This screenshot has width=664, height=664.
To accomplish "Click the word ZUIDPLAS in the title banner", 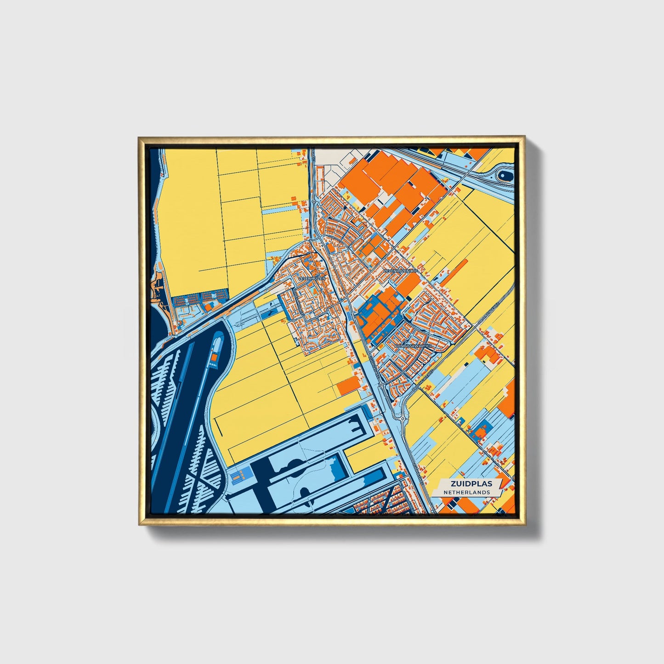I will click(466, 484).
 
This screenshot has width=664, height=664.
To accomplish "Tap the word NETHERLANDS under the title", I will click(466, 492).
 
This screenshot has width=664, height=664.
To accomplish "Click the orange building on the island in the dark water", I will click(214, 356).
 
